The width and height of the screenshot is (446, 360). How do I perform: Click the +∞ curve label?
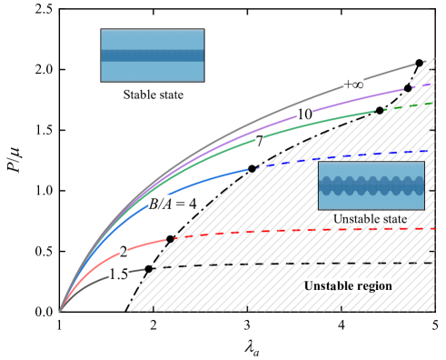[353, 84]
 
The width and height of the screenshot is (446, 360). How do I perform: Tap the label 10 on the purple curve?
[304, 113]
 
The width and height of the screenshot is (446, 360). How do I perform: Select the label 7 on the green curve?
[259, 142]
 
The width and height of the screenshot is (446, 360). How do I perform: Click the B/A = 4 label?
[173, 204]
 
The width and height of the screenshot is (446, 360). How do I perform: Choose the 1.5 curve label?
[118, 274]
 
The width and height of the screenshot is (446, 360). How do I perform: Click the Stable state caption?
[154, 95]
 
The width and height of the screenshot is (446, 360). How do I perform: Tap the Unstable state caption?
[370, 219]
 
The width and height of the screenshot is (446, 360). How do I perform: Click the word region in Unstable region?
[372, 286]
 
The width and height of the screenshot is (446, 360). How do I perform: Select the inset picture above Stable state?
[152, 55]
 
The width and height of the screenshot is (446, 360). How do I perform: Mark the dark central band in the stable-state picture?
[152, 55]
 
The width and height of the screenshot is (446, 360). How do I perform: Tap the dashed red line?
[300, 233]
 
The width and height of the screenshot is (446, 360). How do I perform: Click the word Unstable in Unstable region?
[325, 286]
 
